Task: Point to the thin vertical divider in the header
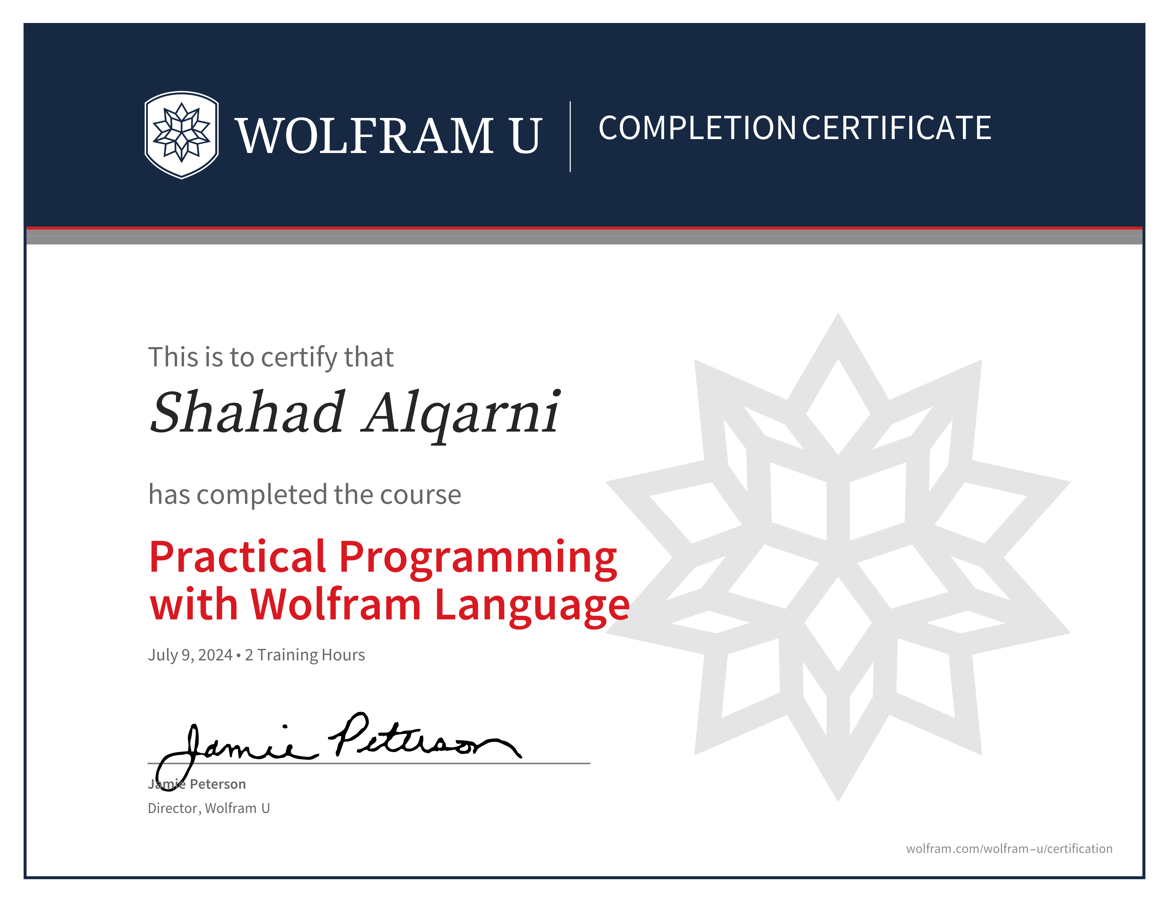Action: pyautogui.click(x=570, y=136)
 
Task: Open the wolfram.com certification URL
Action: pyautogui.click(x=1009, y=848)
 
